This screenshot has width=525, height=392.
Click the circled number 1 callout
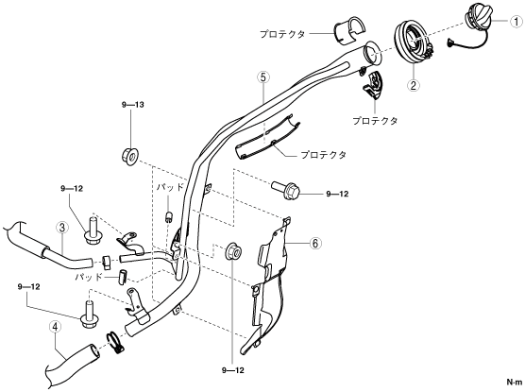516,22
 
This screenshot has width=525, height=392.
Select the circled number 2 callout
414,85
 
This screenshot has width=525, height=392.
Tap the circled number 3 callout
62,228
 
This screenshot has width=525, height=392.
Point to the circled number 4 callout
56,328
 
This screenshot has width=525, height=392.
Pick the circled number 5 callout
263,77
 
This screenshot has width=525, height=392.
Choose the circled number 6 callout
315,244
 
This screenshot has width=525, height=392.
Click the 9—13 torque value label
133,105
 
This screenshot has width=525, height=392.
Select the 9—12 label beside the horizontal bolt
337,194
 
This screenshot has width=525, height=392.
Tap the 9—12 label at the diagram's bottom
232,370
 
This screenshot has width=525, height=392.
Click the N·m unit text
514,382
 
